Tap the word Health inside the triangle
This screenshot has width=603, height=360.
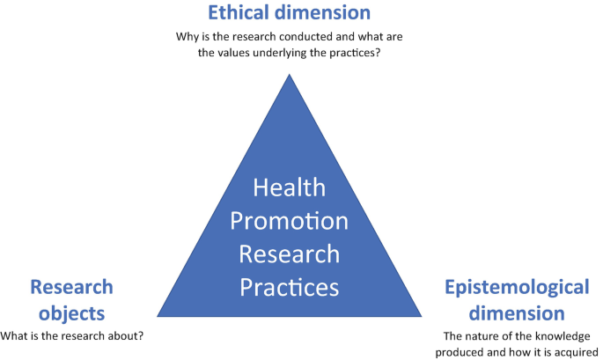pos(289,187)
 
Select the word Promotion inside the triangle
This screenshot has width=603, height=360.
pos(289,220)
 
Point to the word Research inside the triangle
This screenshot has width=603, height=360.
pos(289,253)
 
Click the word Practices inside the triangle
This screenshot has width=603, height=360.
pos(289,286)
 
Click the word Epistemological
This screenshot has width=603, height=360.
pos(516,287)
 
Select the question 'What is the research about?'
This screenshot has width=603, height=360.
pos(71,335)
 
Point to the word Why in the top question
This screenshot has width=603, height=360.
pos(188,39)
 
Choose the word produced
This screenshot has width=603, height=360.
pos(464,351)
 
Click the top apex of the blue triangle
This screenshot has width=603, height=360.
pos(289,74)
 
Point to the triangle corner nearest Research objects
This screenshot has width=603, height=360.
pos(157,315)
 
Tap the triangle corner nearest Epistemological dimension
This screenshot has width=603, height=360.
pos(422,315)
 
